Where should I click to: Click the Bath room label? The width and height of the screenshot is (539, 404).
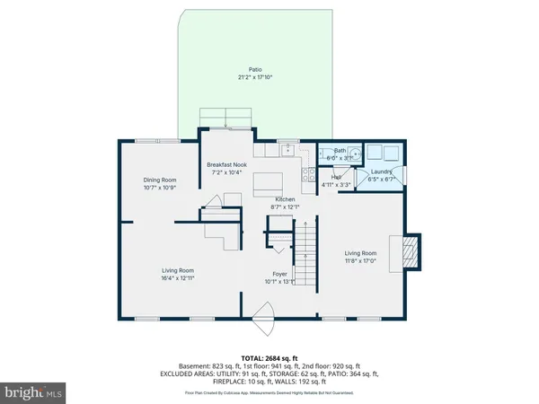340,151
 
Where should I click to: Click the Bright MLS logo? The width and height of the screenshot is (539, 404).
34,392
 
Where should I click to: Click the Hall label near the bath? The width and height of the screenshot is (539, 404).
336,177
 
